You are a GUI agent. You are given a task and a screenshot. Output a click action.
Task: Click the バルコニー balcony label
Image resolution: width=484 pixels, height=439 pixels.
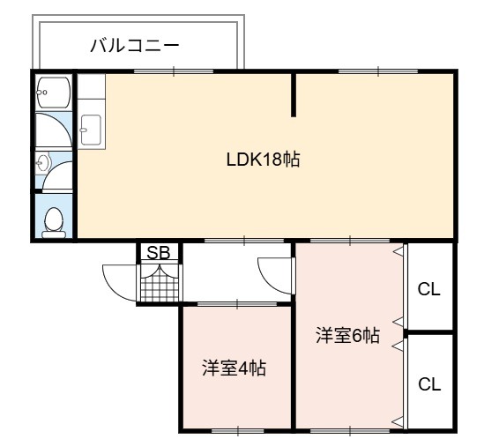(x=135, y=46)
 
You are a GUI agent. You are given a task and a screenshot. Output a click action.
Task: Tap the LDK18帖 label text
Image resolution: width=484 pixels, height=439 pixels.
(x=263, y=160)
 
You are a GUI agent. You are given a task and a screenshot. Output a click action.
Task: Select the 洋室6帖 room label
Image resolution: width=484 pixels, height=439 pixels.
(x=347, y=336)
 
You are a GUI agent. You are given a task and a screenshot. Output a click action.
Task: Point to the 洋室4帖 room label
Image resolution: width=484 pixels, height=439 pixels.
(x=234, y=368)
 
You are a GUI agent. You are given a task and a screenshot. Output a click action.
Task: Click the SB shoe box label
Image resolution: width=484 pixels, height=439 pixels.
(x=159, y=252)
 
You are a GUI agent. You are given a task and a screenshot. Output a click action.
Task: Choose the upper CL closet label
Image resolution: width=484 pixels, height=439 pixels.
(x=428, y=289)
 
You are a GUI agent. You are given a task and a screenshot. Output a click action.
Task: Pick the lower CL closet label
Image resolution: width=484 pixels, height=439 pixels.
(x=429, y=384)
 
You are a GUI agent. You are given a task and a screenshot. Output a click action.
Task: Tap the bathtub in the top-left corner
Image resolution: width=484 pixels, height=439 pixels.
(x=53, y=93)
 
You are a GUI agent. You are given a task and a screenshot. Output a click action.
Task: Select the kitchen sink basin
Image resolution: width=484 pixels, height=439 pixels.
(x=91, y=130)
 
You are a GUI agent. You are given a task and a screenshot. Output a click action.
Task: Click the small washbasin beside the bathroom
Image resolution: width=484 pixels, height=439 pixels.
(x=42, y=162)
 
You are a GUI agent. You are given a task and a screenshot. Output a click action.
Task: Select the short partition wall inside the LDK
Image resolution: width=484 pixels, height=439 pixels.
(x=294, y=95)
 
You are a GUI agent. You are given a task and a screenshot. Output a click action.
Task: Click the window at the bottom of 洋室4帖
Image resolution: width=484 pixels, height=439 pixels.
(x=239, y=429)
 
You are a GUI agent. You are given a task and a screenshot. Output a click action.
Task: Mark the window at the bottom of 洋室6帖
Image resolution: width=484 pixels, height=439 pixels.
(x=350, y=429)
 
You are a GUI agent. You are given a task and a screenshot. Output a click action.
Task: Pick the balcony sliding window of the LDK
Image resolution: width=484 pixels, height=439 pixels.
(x=174, y=71)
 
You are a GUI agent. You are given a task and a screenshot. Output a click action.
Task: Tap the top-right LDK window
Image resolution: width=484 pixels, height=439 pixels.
(x=378, y=71)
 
